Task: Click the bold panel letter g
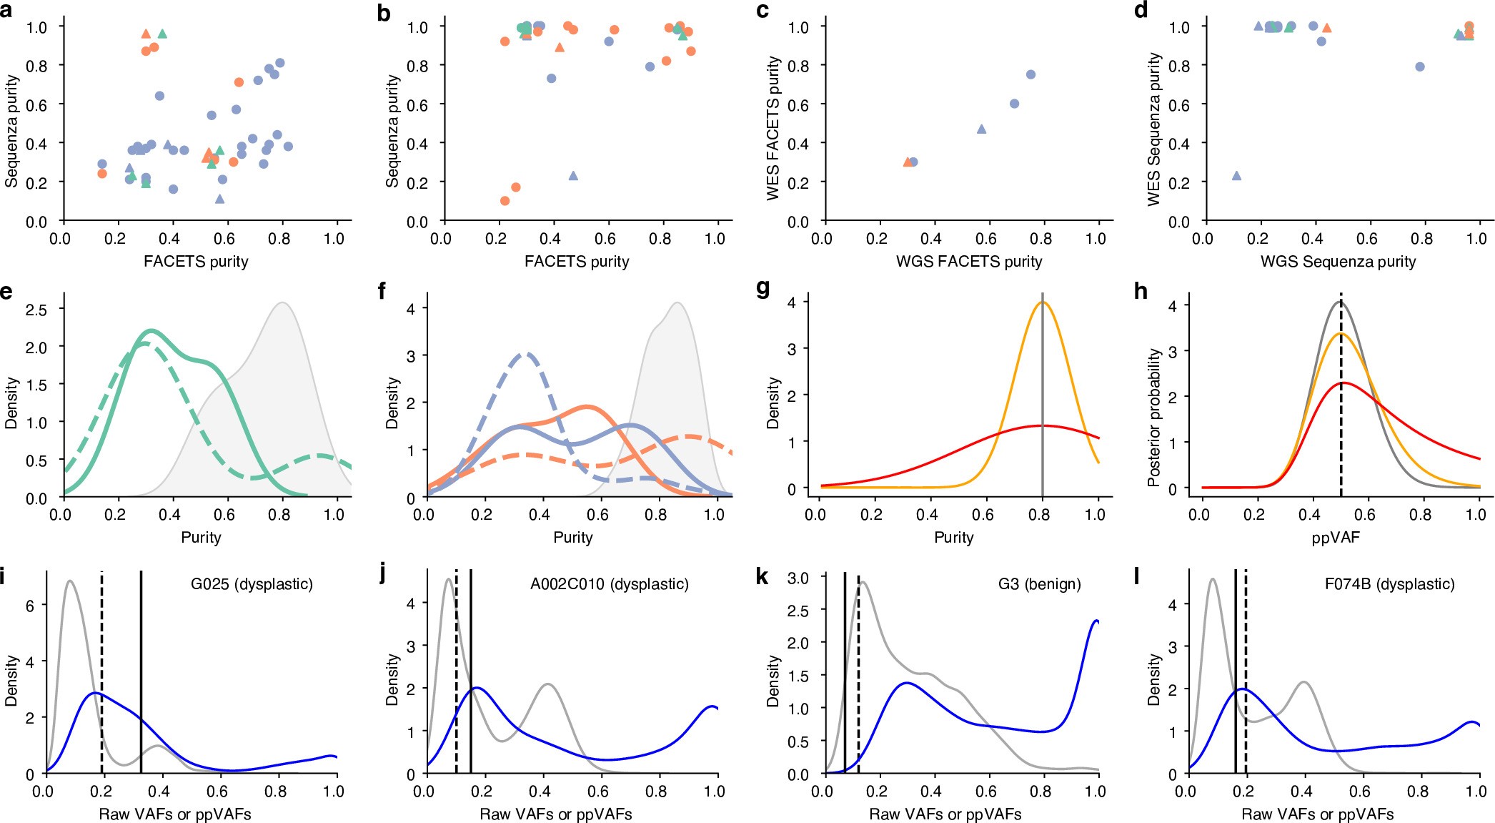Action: click(x=763, y=289)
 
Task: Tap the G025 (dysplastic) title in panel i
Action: click(x=252, y=584)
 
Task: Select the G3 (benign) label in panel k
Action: click(x=1039, y=584)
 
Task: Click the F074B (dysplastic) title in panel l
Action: click(x=1389, y=584)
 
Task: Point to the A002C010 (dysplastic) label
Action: click(x=609, y=584)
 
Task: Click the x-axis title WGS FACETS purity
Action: click(x=969, y=262)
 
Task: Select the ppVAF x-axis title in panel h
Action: click(x=1335, y=538)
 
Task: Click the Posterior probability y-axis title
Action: click(x=1153, y=418)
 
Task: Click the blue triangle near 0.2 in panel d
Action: click(x=1236, y=176)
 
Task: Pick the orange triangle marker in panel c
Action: click(x=908, y=162)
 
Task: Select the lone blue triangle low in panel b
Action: click(x=572, y=176)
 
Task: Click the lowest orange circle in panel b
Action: click(x=505, y=201)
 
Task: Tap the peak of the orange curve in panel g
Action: click(x=1043, y=302)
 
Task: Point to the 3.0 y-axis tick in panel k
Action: click(x=798, y=578)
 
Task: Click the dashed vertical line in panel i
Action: click(x=102, y=672)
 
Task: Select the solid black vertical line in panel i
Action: click(x=141, y=672)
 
